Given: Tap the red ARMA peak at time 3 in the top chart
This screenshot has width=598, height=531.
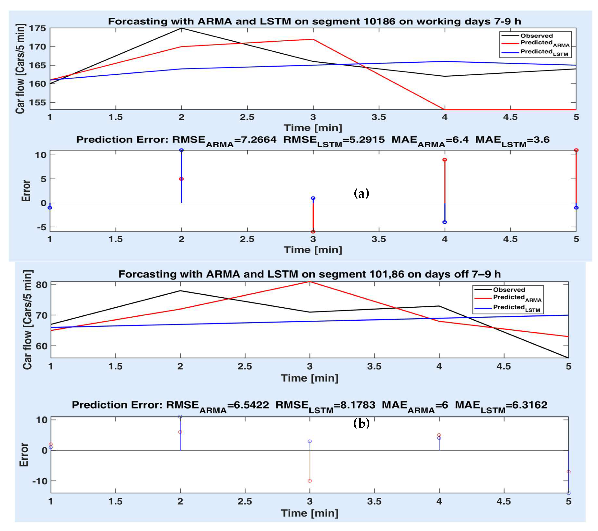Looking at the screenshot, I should [313, 39].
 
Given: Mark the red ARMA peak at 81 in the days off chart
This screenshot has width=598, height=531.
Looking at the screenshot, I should [310, 282].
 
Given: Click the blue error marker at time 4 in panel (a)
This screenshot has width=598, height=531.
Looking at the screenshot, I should [445, 222].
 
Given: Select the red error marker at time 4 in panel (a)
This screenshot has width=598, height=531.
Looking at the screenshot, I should [445, 160].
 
